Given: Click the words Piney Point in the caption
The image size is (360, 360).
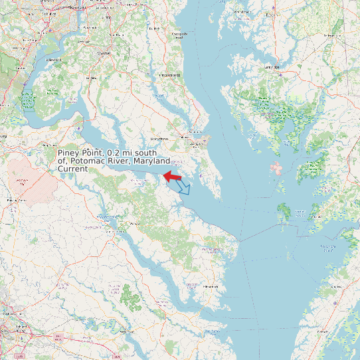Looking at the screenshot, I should pyautogui.click(x=81, y=153).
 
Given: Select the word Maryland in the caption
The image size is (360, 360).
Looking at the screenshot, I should pyautogui.click(x=151, y=161).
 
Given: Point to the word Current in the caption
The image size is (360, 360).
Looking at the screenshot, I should pyautogui.click(x=72, y=169).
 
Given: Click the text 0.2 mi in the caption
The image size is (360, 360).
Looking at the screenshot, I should pyautogui.click(x=124, y=153).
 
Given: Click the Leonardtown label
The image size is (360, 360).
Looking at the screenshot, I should pyautogui.click(x=159, y=137).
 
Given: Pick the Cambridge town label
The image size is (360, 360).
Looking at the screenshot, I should pyautogui.click(x=272, y=67).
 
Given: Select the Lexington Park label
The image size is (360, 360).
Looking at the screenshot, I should pyautogui.click(x=195, y=142).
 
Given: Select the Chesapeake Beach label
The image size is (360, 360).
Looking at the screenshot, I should pyautogui.click(x=177, y=35).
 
